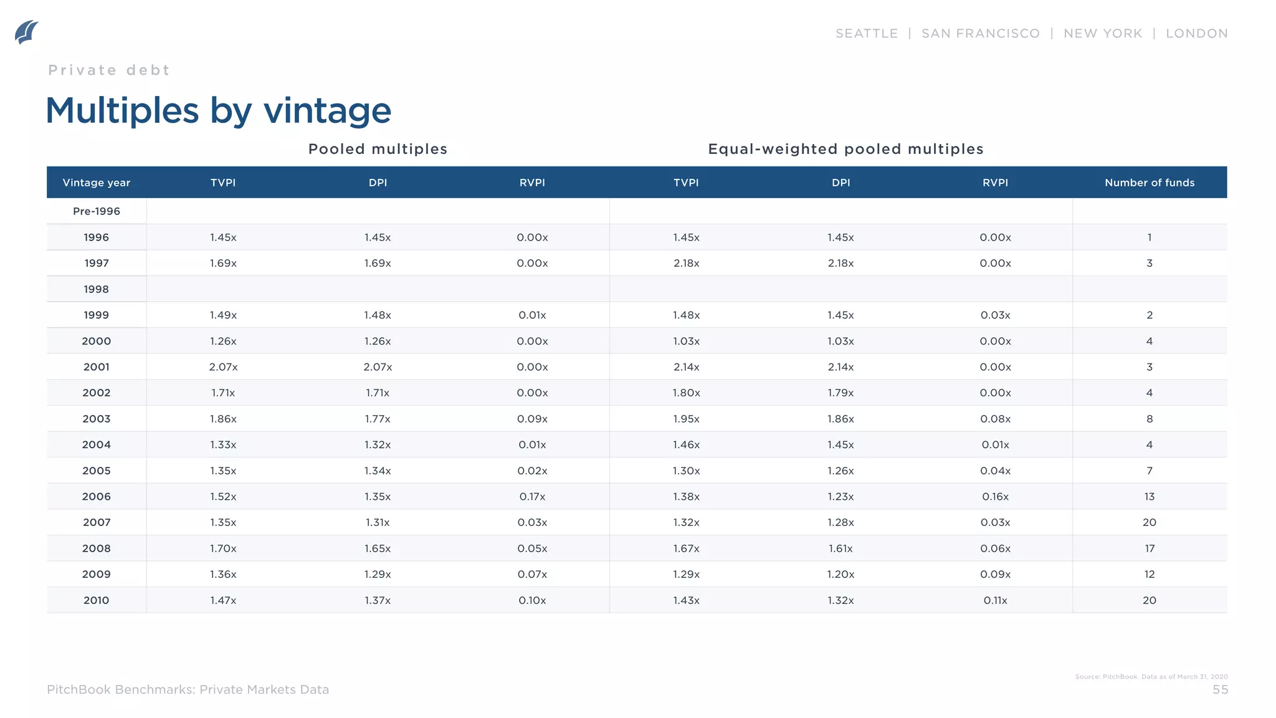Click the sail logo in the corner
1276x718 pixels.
pyautogui.click(x=26, y=32)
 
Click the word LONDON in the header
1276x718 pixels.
pyautogui.click(x=1196, y=34)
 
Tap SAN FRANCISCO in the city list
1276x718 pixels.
pyautogui.click(x=980, y=34)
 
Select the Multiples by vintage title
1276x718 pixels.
pyautogui.click(x=218, y=111)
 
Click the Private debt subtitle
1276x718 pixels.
pyautogui.click(x=109, y=70)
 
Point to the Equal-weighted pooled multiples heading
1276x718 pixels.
pyautogui.click(x=845, y=149)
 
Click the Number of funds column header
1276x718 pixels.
pyautogui.click(x=1149, y=183)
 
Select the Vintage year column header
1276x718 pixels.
pyautogui.click(x=97, y=183)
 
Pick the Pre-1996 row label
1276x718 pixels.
pyautogui.click(x=97, y=211)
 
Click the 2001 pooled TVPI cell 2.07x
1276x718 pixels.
pyautogui.click(x=223, y=367)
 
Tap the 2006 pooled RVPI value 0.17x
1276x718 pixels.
pyautogui.click(x=532, y=497)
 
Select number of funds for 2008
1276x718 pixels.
pyautogui.click(x=1149, y=548)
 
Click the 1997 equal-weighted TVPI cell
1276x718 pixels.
pyautogui.click(x=686, y=263)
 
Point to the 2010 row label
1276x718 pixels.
pyautogui.click(x=97, y=600)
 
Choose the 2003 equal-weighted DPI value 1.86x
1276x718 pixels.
pyautogui.click(x=840, y=419)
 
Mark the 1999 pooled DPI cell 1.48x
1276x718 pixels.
pyautogui.click(x=378, y=315)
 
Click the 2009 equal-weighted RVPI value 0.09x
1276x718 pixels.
pyautogui.click(x=995, y=575)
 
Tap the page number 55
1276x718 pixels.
pyautogui.click(x=1220, y=690)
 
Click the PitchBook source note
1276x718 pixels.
pyautogui.click(x=1151, y=677)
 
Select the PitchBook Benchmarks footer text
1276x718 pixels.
pyautogui.click(x=188, y=690)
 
